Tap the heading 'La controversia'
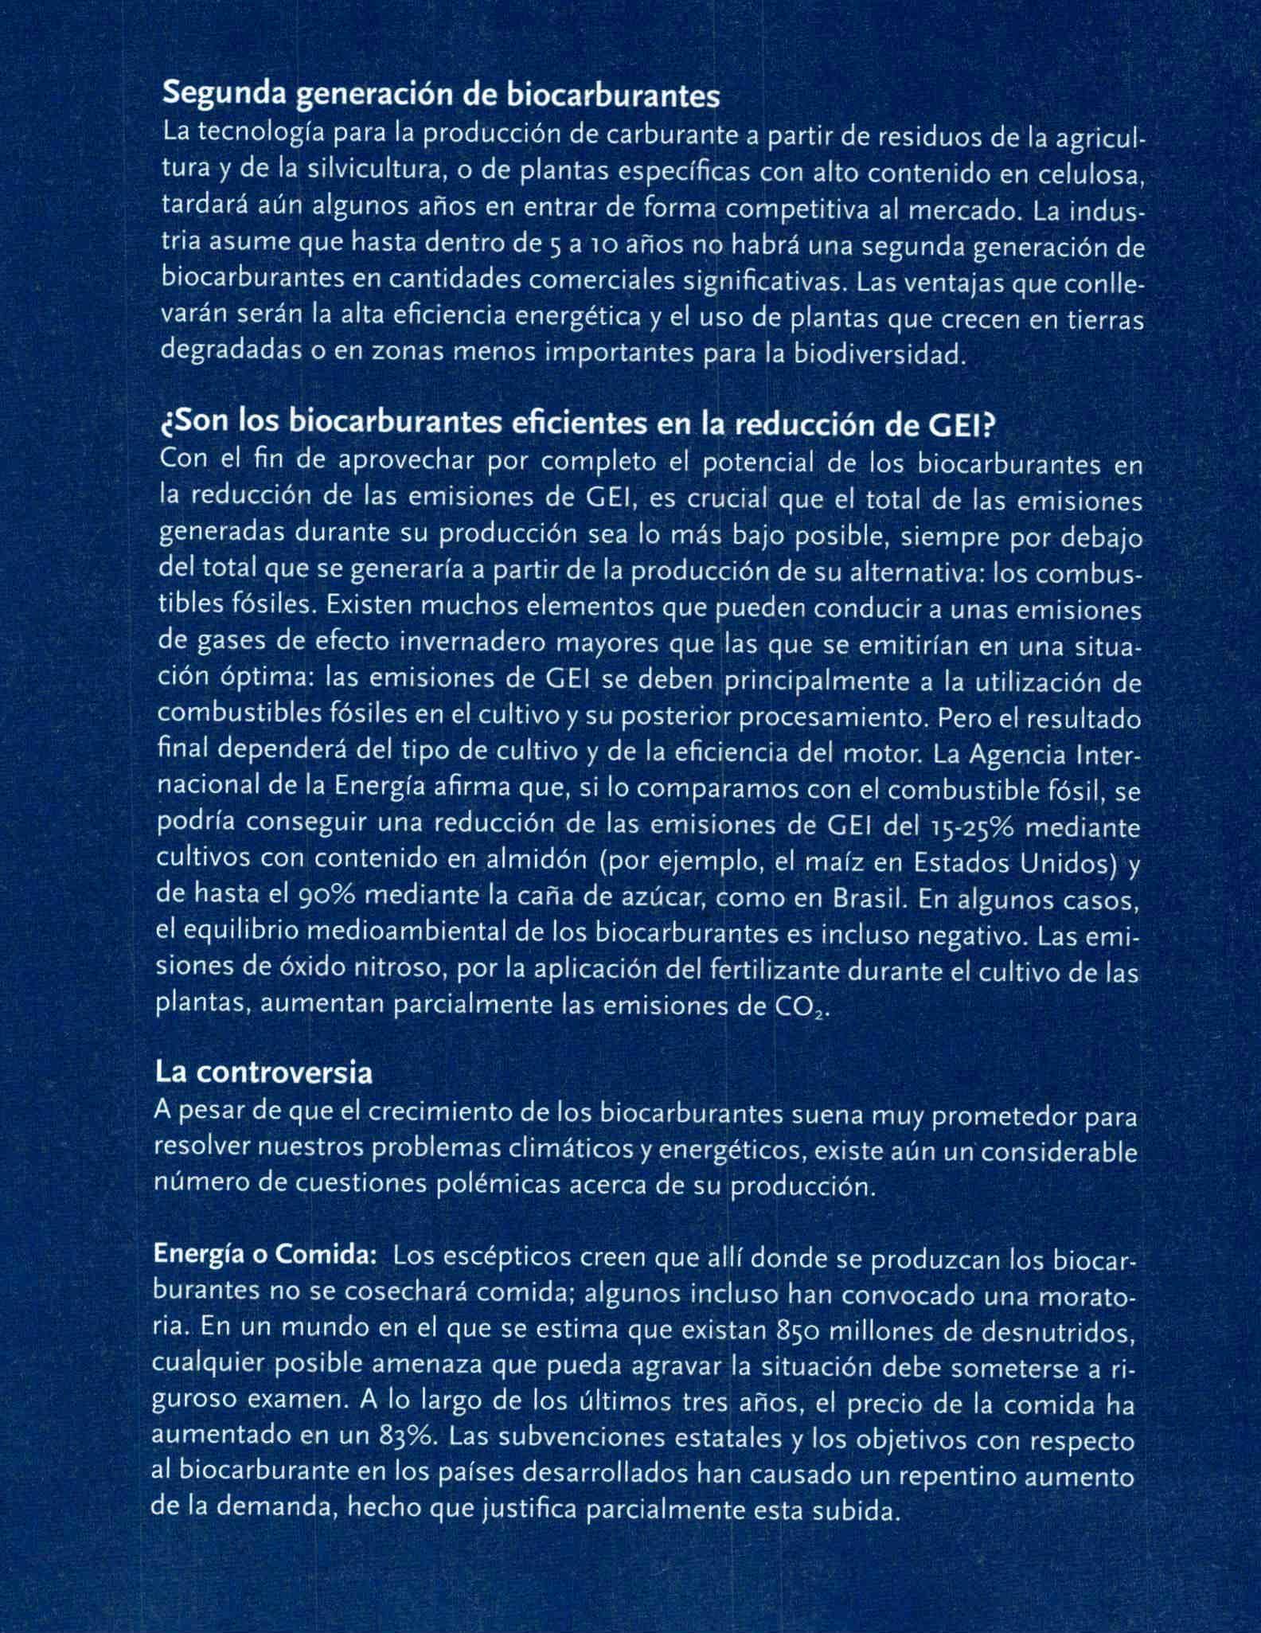264,1072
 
